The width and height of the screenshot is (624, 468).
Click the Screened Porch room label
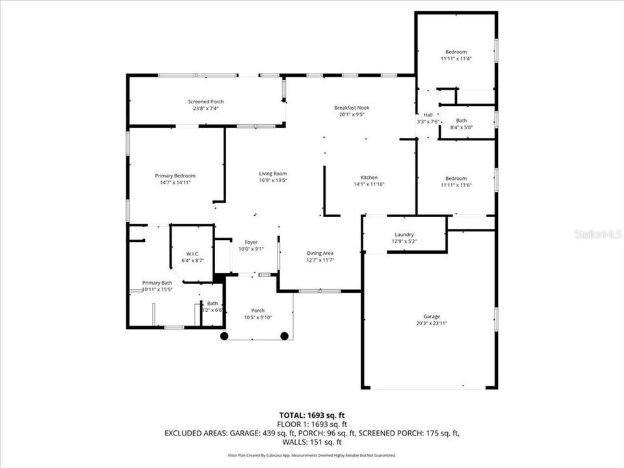click(x=206, y=101)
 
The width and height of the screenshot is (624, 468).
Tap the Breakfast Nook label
click(x=352, y=107)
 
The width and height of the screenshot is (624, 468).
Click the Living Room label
click(x=273, y=174)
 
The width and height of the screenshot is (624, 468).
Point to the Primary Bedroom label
click(x=175, y=175)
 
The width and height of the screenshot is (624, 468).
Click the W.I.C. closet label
click(x=192, y=253)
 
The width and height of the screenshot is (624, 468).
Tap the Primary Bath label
click(x=157, y=283)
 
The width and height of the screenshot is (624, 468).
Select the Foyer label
click(x=251, y=242)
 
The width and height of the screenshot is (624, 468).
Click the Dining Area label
click(x=320, y=253)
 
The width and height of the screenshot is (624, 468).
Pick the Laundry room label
click(x=404, y=235)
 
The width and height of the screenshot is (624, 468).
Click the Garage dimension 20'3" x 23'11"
click(x=432, y=323)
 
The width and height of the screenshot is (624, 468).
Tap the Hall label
click(x=428, y=115)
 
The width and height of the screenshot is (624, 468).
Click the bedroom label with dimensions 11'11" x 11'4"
click(x=456, y=52)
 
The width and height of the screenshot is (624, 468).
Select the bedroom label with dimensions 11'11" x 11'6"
click(x=456, y=179)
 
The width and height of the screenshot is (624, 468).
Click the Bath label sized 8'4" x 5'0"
click(x=461, y=120)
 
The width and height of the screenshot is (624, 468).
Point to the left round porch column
click(x=224, y=336)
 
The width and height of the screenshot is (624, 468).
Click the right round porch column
click(x=284, y=336)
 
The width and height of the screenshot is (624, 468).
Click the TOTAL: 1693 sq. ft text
click(x=311, y=414)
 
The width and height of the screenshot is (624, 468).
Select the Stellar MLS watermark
click(x=598, y=233)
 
